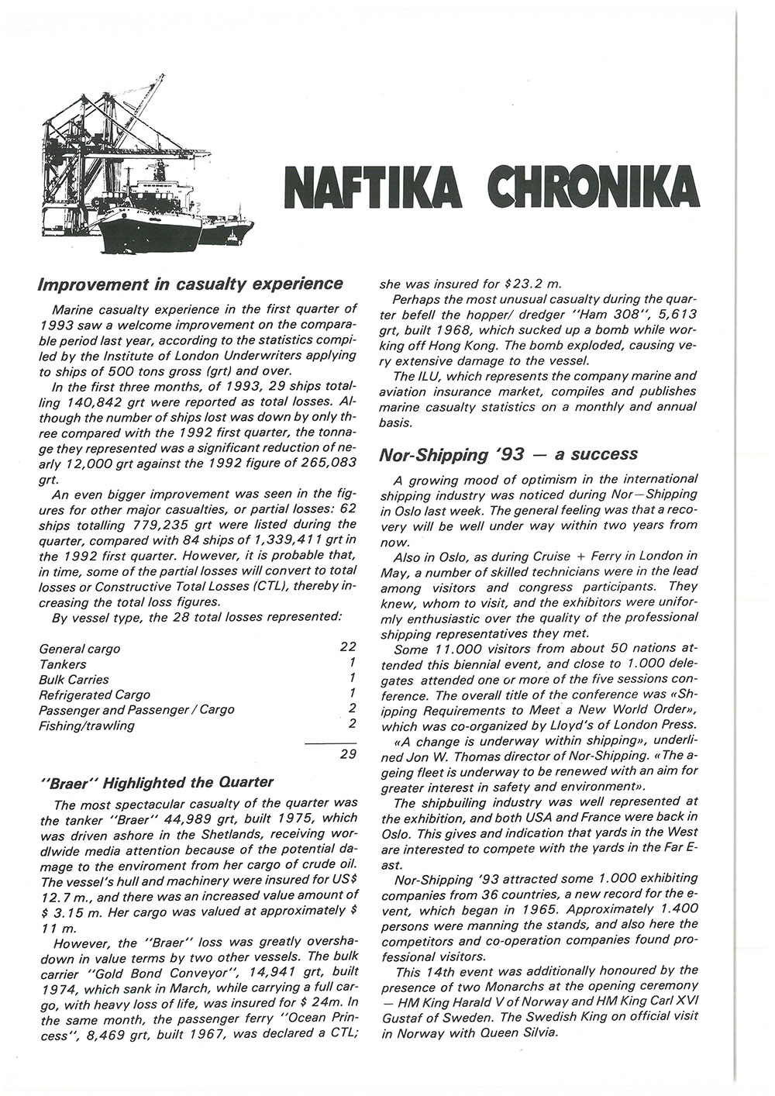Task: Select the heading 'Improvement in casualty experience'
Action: pyautogui.click(x=191, y=284)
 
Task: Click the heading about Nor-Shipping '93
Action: pyautogui.click(x=508, y=454)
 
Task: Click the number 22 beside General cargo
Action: pyautogui.click(x=347, y=646)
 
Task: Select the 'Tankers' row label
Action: pyautogui.click(x=63, y=664)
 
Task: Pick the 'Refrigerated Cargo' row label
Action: pyautogui.click(x=95, y=694)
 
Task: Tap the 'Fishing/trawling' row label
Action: pyautogui.click(x=87, y=725)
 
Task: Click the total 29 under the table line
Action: pyautogui.click(x=347, y=755)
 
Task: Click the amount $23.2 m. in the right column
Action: pyautogui.click(x=529, y=284)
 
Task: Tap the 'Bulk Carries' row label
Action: pyautogui.click(x=74, y=680)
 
